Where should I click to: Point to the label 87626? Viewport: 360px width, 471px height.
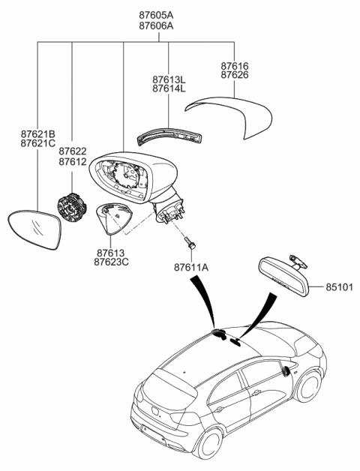tap(234, 76)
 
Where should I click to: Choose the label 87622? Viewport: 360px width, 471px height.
tap(72, 151)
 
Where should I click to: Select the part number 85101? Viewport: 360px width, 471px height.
tap(339, 286)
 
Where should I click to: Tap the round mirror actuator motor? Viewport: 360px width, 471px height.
tap(72, 206)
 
